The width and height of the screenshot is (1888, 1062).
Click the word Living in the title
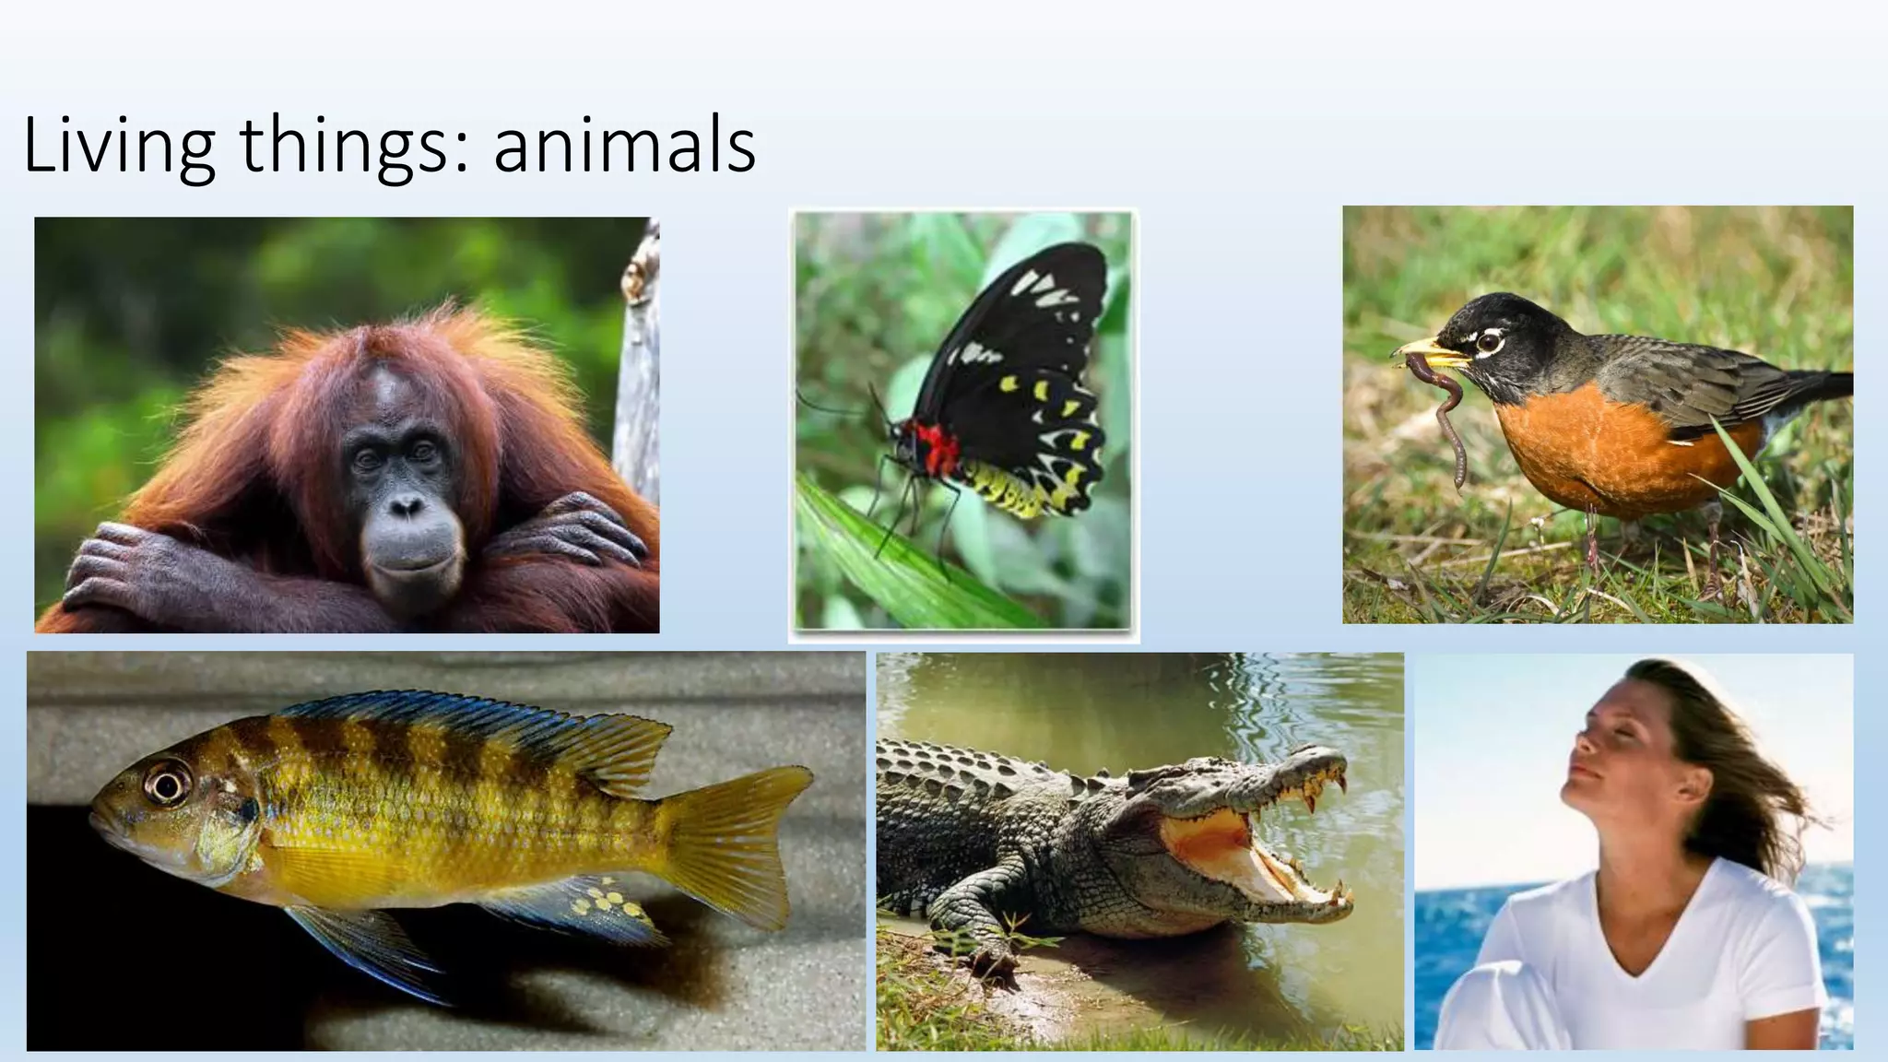coord(118,146)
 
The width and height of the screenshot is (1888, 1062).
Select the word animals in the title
coord(624,146)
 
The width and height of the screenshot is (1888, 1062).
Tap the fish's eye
coord(169,785)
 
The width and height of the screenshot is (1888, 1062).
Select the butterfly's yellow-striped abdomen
coord(1005,489)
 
